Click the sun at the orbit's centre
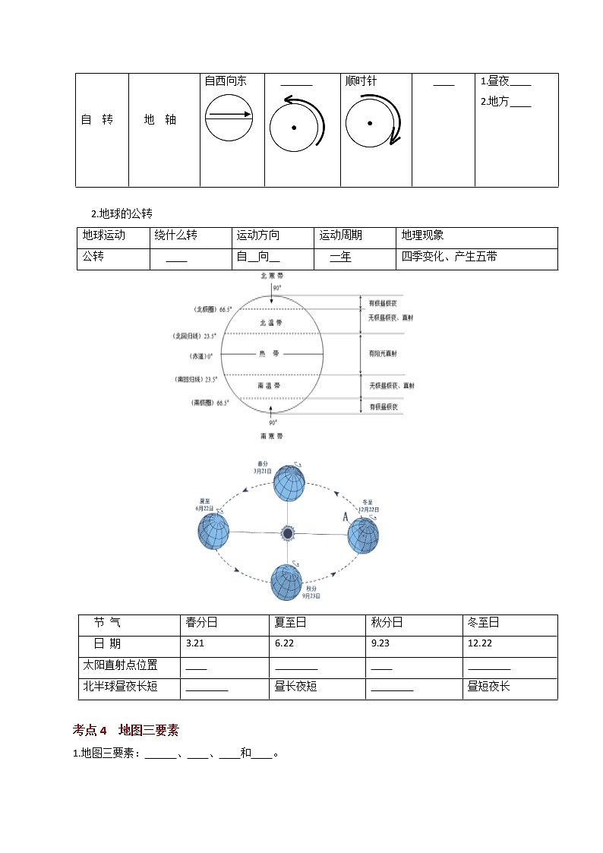288,533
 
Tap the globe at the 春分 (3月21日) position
289,483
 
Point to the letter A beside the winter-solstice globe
346,517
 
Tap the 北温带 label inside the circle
270,322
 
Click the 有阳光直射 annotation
384,353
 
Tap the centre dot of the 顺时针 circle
370,123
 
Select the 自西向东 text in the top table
226,81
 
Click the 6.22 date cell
284,643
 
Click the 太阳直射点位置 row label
120,665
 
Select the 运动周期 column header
340,235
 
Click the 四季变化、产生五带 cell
450,257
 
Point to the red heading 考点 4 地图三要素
125,730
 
